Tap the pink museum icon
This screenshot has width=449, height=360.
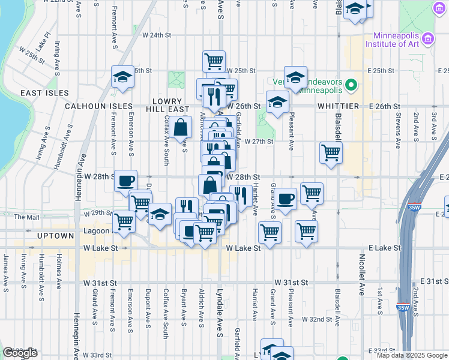[428, 40]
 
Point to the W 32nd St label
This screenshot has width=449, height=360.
[318, 319]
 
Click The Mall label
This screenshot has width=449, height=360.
[26, 217]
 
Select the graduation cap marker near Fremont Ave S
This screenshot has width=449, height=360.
[122, 77]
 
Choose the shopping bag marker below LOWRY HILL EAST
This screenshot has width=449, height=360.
[181, 127]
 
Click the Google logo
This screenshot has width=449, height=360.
[20, 353]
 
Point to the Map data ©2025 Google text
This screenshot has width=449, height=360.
[412, 355]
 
